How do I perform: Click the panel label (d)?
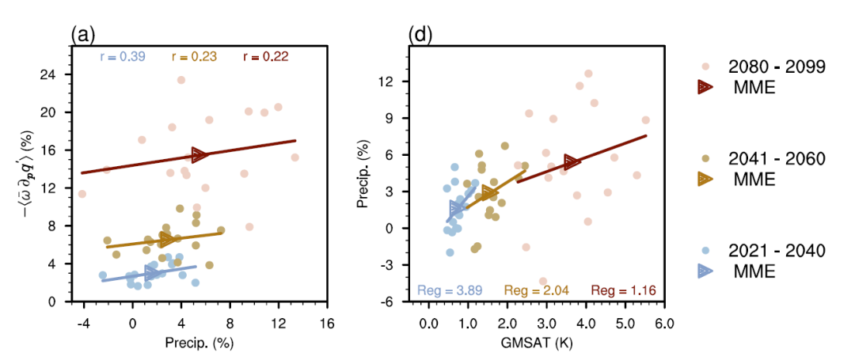[420, 35]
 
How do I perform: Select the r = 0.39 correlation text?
[123, 56]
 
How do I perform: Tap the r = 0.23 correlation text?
[194, 56]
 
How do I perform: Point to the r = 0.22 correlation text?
[265, 56]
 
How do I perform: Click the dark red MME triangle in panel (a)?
[200, 154]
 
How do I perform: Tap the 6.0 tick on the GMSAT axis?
[664, 323]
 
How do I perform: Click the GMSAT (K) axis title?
[546, 343]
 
